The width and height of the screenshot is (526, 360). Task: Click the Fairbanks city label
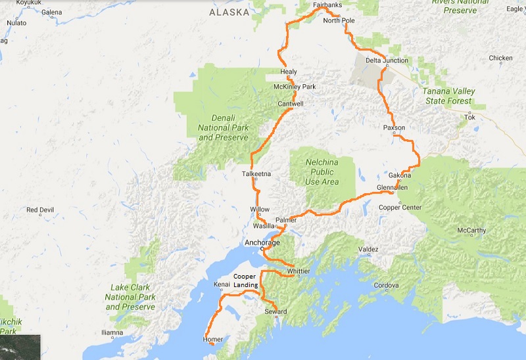tap(327, 5)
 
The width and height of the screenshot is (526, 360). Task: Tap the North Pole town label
tap(339, 21)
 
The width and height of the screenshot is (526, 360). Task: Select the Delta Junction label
tap(387, 60)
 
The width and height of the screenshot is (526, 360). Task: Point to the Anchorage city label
tap(262, 242)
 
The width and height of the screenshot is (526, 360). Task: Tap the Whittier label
tap(299, 271)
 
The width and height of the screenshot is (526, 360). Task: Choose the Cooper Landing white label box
tap(245, 281)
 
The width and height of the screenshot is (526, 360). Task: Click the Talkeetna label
tap(256, 174)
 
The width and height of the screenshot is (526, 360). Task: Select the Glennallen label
tap(393, 187)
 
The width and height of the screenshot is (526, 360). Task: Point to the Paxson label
tap(394, 127)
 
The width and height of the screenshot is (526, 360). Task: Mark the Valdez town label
tap(369, 250)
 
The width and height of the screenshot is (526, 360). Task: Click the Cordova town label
tap(387, 286)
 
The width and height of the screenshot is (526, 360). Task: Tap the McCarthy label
tap(471, 231)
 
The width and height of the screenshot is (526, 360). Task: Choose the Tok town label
tap(469, 118)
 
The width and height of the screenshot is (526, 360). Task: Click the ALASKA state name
tap(227, 12)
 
